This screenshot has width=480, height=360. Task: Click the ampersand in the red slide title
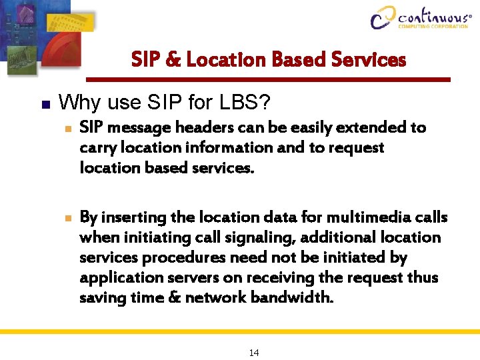(x=173, y=60)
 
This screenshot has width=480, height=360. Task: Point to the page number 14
(x=253, y=353)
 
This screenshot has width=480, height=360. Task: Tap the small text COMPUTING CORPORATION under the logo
(x=433, y=27)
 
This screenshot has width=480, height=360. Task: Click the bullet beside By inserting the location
(x=64, y=218)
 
